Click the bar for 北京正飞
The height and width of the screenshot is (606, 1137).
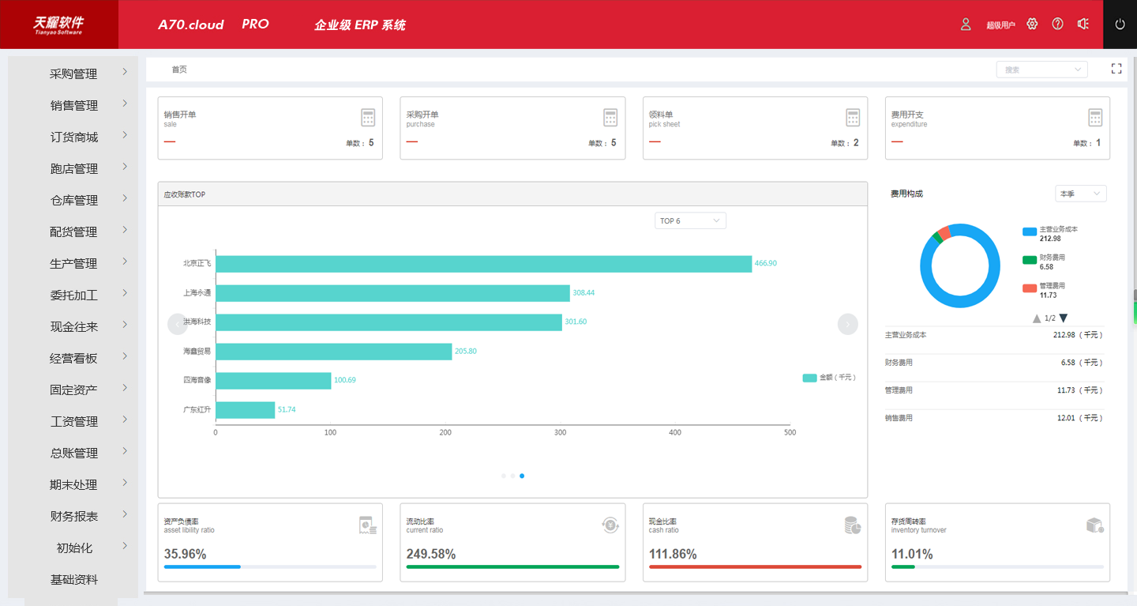(483, 264)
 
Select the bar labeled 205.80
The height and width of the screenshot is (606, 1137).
(333, 352)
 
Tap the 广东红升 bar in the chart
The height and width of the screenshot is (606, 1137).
(245, 410)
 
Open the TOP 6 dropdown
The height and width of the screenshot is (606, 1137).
(690, 221)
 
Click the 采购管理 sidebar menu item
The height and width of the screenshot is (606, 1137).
(73, 74)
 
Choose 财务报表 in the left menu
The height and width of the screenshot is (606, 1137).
(73, 517)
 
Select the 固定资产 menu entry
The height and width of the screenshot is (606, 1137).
(73, 390)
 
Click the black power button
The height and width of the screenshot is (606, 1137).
(1120, 24)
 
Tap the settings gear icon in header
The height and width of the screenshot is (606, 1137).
(1032, 24)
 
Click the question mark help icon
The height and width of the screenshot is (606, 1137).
(1058, 24)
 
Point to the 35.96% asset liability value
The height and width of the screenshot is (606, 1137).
(186, 555)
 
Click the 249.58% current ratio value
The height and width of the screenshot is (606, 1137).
(431, 555)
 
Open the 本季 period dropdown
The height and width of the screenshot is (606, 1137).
(1080, 194)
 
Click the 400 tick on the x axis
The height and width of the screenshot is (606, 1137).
(675, 433)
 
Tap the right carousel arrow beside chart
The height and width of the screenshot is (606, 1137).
(847, 324)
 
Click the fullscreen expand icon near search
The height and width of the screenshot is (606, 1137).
(1116, 70)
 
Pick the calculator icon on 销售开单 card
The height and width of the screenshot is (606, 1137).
(368, 118)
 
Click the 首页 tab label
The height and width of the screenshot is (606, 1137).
(179, 70)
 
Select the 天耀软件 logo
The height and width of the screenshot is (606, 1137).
(58, 24)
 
